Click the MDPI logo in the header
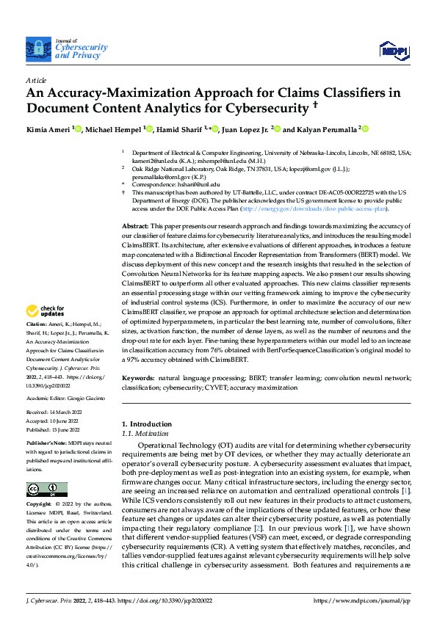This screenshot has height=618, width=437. [x=393, y=49]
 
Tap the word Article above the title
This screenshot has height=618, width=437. [x=36, y=80]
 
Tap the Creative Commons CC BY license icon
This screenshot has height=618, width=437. [x=47, y=490]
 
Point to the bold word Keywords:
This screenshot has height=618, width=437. [x=138, y=377]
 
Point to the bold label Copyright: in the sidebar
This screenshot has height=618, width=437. [x=39, y=505]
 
